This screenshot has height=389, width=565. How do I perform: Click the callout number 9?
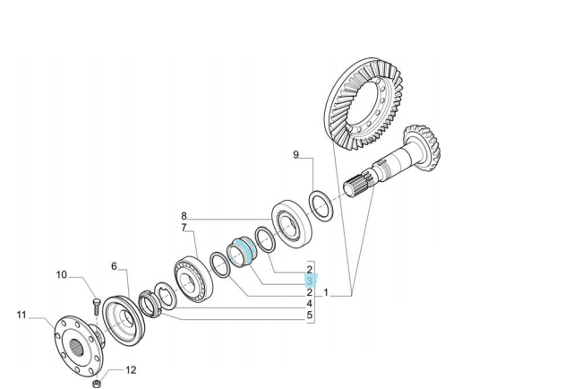click(x=295, y=155)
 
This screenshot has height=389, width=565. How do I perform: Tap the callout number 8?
click(x=184, y=216)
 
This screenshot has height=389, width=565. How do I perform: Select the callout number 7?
click(x=184, y=228)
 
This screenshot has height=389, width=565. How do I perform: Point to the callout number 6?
click(x=114, y=266)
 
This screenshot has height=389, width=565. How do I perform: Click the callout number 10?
click(x=62, y=275)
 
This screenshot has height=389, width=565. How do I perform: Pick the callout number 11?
click(x=21, y=315)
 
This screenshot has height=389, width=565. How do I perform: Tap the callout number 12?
click(x=131, y=370)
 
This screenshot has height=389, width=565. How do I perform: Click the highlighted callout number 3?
click(x=310, y=281)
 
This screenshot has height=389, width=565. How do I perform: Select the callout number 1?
click(x=326, y=292)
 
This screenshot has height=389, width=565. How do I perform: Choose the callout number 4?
click(x=310, y=304)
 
